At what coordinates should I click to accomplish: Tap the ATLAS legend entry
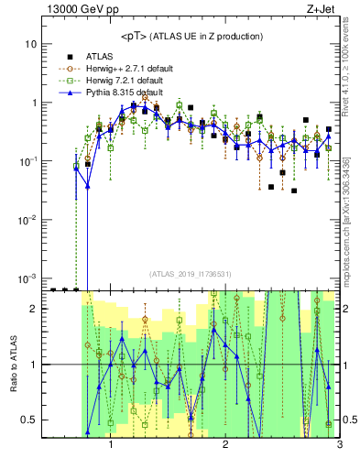(x=106, y=55)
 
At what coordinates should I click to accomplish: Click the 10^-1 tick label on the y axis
(x=27, y=161)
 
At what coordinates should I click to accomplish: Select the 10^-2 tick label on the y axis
(x=27, y=220)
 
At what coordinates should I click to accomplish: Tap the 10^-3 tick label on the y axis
(x=27, y=278)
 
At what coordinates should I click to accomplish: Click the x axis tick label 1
(x=111, y=446)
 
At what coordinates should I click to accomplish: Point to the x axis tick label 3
(x=339, y=446)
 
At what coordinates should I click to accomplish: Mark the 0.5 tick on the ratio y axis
(x=29, y=420)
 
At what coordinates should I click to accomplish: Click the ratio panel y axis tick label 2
(x=33, y=309)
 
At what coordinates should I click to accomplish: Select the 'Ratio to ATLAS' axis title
(x=13, y=364)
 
